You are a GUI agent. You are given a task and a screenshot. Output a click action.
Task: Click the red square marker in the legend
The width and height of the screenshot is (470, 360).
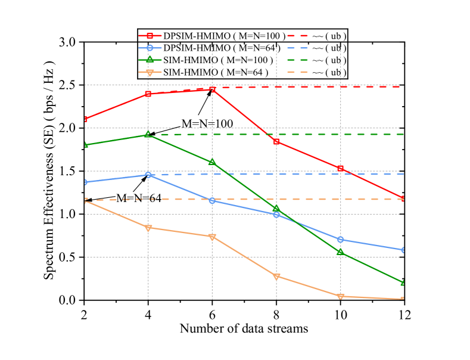(150, 36)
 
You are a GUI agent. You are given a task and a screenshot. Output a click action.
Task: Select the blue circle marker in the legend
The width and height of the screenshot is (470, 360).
(150, 48)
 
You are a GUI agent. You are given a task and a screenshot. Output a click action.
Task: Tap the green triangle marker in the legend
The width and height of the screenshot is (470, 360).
(150, 60)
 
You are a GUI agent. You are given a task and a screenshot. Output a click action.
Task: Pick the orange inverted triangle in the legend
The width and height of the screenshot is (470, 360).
(150, 72)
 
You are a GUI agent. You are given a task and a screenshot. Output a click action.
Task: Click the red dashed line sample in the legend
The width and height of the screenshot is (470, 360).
(297, 36)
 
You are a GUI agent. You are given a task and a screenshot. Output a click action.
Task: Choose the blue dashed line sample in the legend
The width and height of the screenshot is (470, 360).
(297, 48)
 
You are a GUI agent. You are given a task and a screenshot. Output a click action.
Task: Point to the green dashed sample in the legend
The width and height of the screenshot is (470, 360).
(297, 60)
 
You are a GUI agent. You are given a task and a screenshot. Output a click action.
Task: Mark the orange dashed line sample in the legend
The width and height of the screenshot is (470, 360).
(297, 72)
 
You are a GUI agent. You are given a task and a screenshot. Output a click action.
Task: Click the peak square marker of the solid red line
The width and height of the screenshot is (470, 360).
(212, 89)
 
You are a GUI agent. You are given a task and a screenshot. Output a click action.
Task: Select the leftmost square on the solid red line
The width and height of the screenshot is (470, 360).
(85, 120)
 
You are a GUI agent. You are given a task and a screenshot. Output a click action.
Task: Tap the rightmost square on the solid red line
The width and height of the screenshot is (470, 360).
(403, 198)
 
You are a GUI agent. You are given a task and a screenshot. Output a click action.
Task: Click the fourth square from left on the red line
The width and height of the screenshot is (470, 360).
(276, 141)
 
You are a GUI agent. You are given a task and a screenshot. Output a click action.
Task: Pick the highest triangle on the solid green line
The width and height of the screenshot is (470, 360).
(148, 134)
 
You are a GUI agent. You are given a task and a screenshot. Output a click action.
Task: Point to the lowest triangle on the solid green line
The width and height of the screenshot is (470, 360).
(403, 283)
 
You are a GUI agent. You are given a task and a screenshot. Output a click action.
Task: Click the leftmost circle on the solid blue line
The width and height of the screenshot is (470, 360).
(85, 182)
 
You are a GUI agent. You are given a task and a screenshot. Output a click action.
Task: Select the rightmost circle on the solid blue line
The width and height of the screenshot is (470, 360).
(403, 250)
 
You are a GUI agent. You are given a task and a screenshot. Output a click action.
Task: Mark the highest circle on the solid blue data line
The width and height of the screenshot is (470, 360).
(148, 175)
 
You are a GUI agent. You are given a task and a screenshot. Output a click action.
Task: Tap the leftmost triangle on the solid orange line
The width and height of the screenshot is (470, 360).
(85, 201)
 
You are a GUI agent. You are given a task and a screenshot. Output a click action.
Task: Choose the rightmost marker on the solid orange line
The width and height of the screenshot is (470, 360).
(403, 299)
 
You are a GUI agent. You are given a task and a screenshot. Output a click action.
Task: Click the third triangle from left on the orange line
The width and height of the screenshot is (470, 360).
(212, 237)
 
